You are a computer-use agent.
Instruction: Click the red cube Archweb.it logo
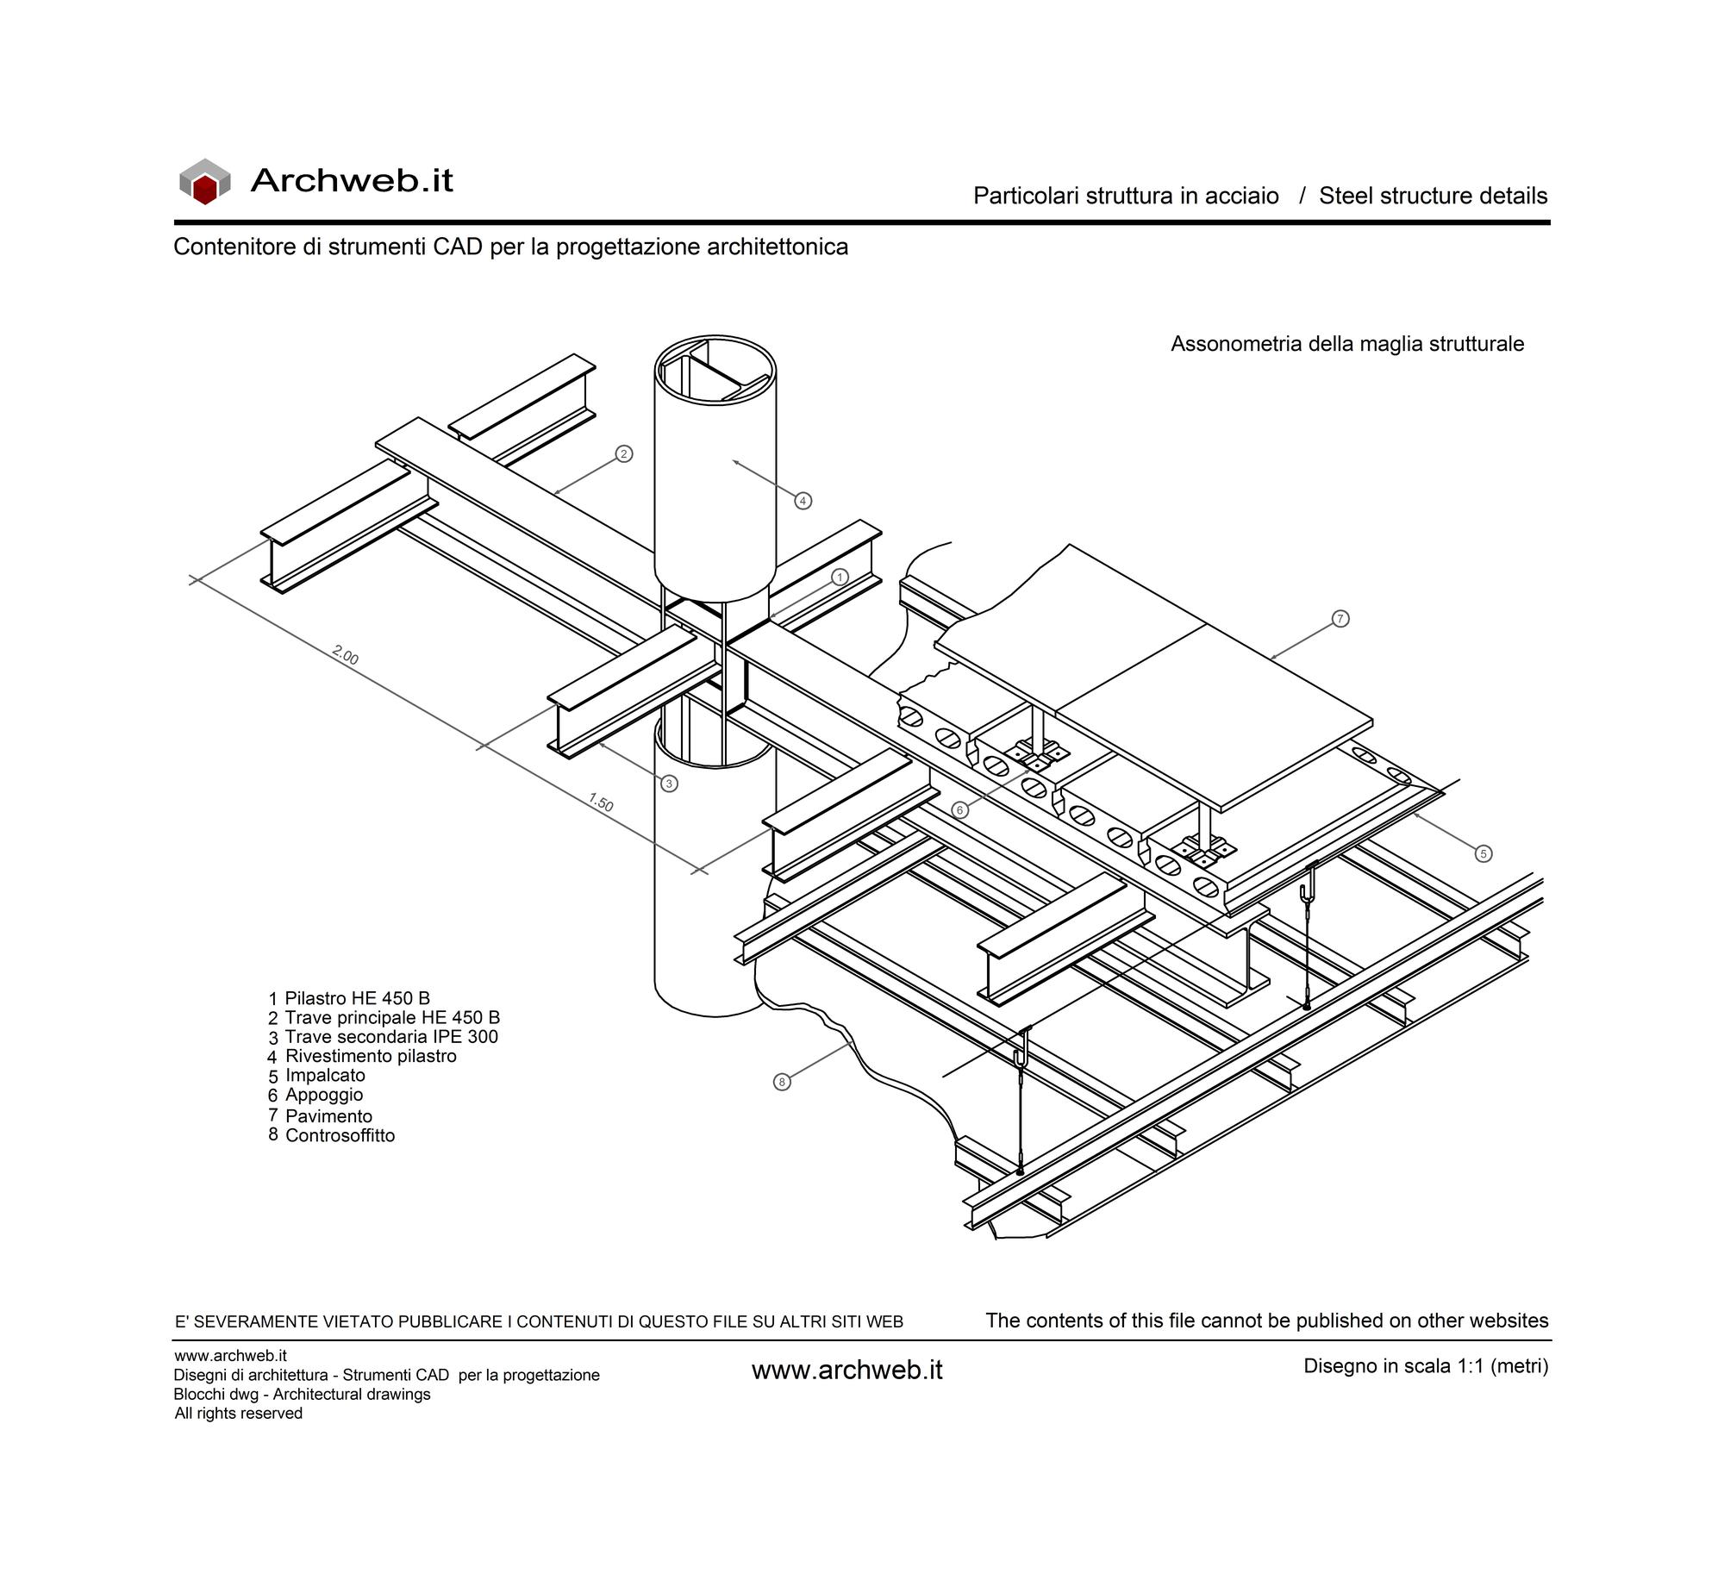(x=205, y=181)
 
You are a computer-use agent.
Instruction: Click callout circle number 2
(x=624, y=453)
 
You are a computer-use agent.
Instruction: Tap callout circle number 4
(x=803, y=501)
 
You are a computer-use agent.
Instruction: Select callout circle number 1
(x=840, y=577)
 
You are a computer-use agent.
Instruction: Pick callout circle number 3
(x=670, y=784)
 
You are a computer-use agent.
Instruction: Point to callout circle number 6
(x=959, y=810)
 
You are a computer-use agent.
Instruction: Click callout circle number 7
(x=1340, y=619)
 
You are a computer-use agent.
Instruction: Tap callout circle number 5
(x=1483, y=854)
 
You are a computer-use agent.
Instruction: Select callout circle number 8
(x=782, y=1082)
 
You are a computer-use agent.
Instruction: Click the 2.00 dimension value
(x=345, y=656)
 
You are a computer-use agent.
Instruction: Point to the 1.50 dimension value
(x=601, y=803)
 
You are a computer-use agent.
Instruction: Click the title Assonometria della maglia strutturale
(x=1347, y=344)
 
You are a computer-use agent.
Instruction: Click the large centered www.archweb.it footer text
(x=847, y=1371)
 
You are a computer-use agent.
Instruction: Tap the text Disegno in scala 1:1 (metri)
(x=1426, y=1366)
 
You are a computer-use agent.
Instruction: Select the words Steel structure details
(x=1434, y=196)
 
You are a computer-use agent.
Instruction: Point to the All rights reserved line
(x=239, y=1413)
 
